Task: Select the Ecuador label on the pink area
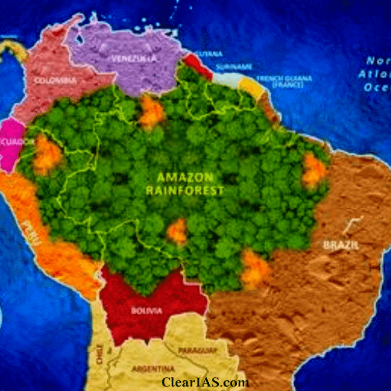point(10,142)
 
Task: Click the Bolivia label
point(147,311)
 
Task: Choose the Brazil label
point(341,245)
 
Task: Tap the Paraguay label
point(197,350)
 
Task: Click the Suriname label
point(234,67)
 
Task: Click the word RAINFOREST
point(185,191)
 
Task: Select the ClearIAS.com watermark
point(205,382)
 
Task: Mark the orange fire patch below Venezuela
point(152,112)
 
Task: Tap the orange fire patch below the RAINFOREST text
point(177,232)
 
